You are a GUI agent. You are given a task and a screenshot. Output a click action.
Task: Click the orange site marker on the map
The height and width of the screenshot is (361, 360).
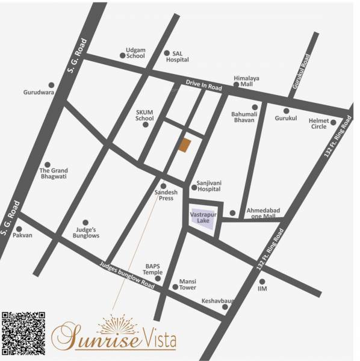click(x=186, y=145)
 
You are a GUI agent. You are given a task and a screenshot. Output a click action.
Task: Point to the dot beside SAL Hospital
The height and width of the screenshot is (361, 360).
click(x=167, y=53)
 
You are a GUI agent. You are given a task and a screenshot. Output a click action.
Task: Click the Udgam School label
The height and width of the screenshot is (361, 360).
click(x=135, y=52)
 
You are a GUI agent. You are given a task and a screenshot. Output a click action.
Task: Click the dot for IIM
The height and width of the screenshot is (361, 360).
click(x=262, y=281)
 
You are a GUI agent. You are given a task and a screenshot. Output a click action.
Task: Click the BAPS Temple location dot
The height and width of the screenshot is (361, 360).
click(x=158, y=279)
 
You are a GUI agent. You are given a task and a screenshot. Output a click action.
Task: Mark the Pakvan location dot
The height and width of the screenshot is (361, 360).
click(x=19, y=229)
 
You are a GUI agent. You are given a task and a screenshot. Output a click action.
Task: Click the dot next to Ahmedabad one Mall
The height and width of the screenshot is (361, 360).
click(x=232, y=213)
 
